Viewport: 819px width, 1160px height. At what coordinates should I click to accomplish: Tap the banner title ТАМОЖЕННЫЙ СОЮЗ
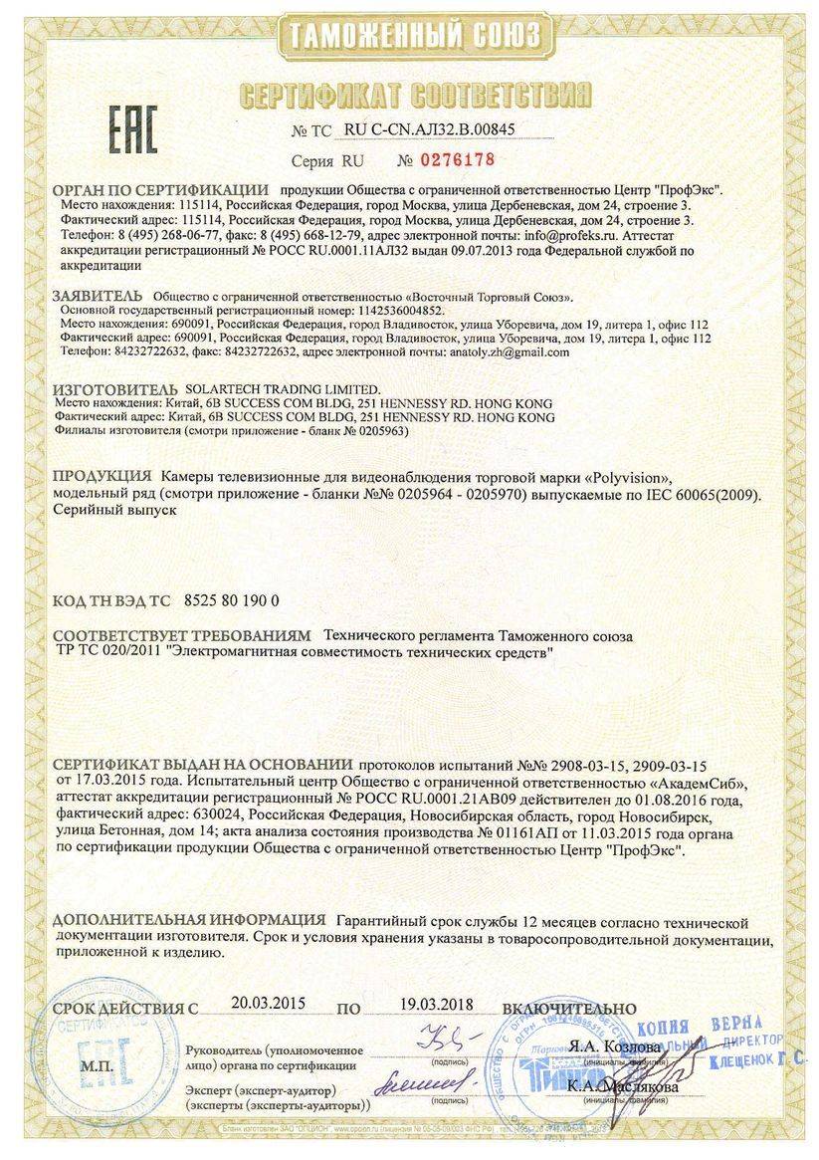pyautogui.click(x=411, y=35)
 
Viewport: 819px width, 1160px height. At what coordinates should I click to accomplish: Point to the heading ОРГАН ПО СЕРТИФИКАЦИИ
pyautogui.click(x=160, y=189)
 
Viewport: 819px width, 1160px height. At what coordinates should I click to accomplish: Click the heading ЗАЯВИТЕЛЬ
pyautogui.click(x=99, y=296)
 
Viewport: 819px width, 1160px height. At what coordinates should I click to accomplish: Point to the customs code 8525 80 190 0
pyautogui.click(x=232, y=601)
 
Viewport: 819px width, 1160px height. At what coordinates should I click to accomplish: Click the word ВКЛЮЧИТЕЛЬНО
pyautogui.click(x=569, y=1009)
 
